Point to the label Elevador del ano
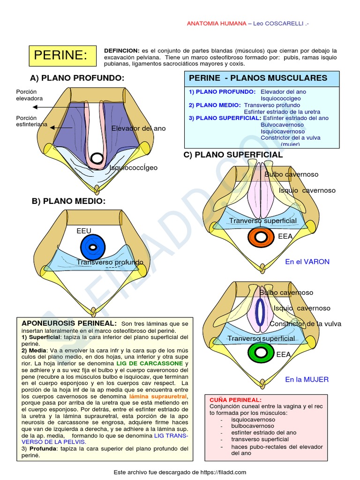click(x=138, y=128)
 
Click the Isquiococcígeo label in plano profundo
click(x=134, y=167)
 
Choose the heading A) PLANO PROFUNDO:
click(x=77, y=78)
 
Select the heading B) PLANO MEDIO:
click(x=69, y=201)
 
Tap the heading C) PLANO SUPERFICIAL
click(x=233, y=155)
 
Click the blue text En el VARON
click(x=307, y=262)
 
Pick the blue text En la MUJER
click(x=307, y=379)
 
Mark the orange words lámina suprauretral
click(x=158, y=396)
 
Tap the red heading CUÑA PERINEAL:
click(x=229, y=399)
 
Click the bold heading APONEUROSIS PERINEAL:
click(x=69, y=323)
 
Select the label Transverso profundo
click(x=110, y=262)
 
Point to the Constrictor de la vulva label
click(x=305, y=324)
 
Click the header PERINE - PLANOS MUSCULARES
click(x=258, y=78)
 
